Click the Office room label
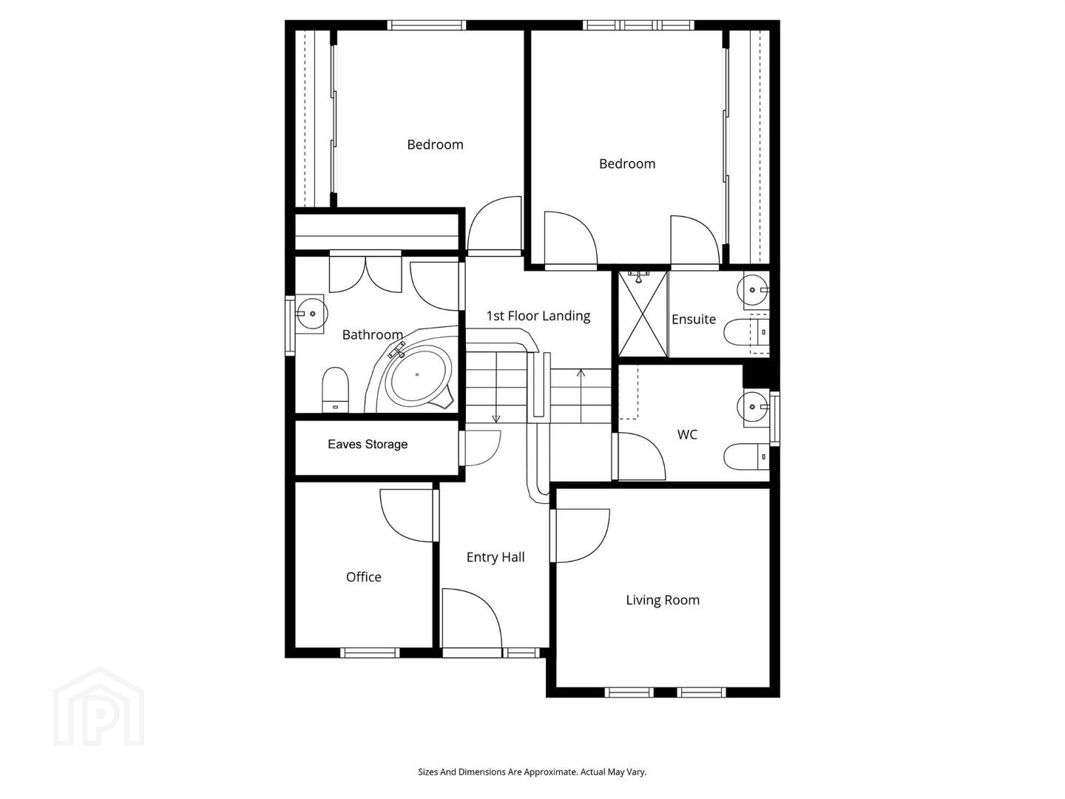tap(363, 577)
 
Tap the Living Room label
tap(663, 600)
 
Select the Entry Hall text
tap(496, 557)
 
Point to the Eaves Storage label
tap(368, 445)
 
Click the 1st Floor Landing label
tap(538, 316)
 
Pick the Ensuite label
tap(693, 319)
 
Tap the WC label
tap(687, 434)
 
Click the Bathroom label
tap(372, 334)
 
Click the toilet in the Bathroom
tap(335, 390)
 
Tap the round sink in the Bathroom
tap(311, 314)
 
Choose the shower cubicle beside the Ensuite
tap(643, 314)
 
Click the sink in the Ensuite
tap(753, 290)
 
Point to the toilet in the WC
tap(746, 456)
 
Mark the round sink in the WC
tap(753, 407)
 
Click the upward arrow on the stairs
tap(581, 395)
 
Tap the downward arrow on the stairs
tap(496, 388)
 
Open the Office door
tap(407, 515)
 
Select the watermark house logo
tap(99, 707)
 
